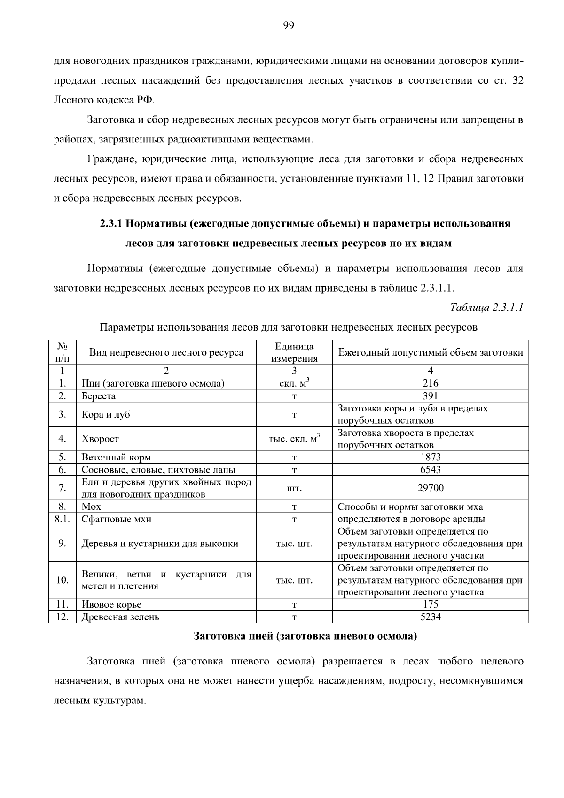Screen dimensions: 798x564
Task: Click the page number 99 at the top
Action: click(x=289, y=25)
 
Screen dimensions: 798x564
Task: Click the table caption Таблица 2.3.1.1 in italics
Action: click(x=487, y=308)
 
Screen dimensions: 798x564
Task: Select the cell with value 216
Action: click(x=430, y=383)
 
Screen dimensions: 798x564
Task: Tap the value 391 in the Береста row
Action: click(x=430, y=396)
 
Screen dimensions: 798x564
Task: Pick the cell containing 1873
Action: click(x=430, y=457)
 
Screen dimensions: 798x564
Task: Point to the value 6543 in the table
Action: click(x=430, y=470)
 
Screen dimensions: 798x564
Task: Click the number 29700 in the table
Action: click(x=430, y=488)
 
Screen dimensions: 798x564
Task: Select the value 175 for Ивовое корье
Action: click(x=430, y=604)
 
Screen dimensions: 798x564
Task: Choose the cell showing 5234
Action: click(x=430, y=617)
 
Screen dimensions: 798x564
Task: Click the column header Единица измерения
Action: click(x=294, y=353)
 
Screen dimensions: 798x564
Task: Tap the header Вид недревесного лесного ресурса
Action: click(x=166, y=353)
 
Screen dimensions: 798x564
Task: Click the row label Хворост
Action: click(x=100, y=439)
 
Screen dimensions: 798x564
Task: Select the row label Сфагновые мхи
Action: click(x=117, y=519)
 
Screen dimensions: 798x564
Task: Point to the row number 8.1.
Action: click(x=62, y=519)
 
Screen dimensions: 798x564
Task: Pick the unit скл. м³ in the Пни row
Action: click(x=294, y=383)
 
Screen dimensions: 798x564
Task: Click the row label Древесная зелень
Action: click(x=120, y=617)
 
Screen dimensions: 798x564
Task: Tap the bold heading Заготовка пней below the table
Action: click(x=305, y=637)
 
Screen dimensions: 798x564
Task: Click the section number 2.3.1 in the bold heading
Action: click(x=111, y=224)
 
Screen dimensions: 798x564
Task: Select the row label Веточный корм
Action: click(x=116, y=457)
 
